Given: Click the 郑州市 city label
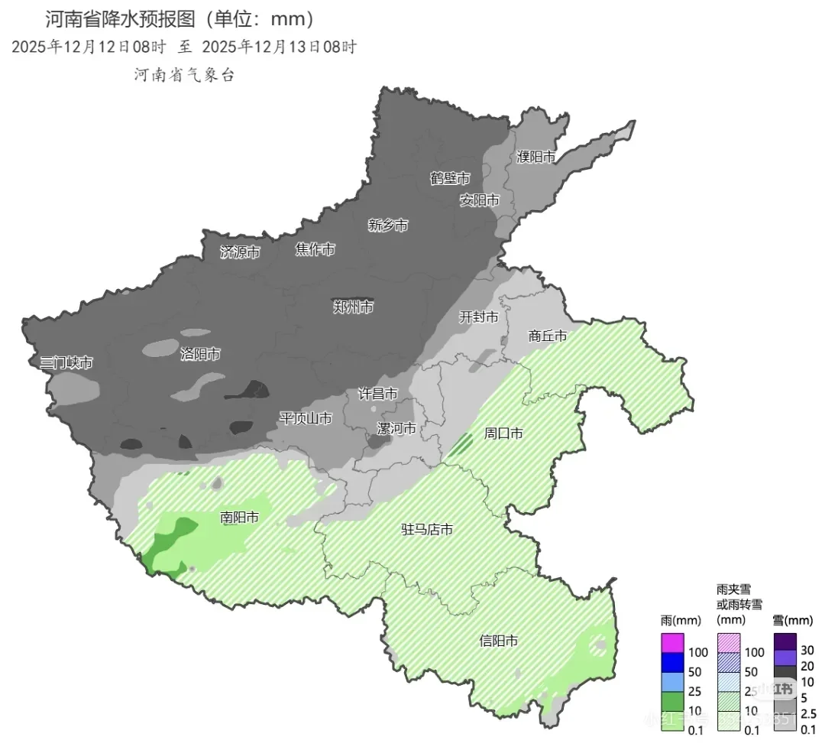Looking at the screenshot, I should point(354,307).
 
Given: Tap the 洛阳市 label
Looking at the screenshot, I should point(200,354).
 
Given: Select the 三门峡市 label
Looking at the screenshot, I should point(66,362).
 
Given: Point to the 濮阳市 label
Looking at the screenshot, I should point(535,157).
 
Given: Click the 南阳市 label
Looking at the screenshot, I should point(239,518).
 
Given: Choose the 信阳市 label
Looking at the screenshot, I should point(499,641).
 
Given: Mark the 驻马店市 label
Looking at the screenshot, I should point(428,529).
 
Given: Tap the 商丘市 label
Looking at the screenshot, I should point(548,336).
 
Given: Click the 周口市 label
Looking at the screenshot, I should point(504,433).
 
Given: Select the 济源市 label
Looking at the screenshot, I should point(240,252).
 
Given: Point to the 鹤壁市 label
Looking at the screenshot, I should point(450,178).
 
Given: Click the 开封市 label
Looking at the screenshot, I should point(479,317).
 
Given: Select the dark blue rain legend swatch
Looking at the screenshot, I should point(672,662).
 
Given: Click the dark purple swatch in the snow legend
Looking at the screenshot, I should point(785,641).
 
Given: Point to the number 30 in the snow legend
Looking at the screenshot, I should point(807,651).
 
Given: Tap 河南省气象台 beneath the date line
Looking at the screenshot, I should point(184,74).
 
